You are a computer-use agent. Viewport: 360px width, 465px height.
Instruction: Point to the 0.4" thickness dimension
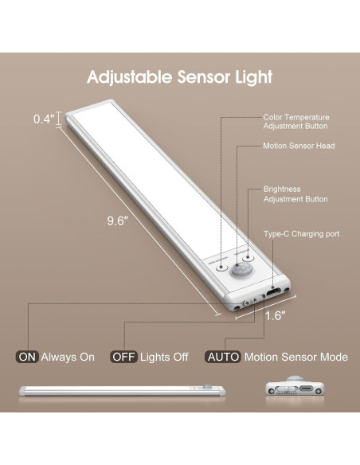(44, 119)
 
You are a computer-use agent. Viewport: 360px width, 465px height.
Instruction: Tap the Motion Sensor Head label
(299, 147)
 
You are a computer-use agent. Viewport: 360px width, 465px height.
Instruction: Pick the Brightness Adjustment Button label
(295, 194)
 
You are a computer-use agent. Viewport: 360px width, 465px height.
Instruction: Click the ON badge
(27, 357)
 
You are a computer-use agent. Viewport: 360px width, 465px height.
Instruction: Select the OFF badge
(124, 357)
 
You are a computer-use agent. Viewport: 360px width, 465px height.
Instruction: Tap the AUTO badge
(224, 357)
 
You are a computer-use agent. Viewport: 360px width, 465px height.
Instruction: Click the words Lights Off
(163, 357)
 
